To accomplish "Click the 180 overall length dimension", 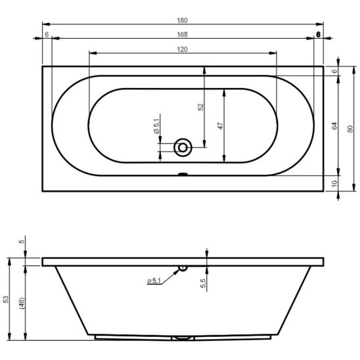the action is coord(182,20).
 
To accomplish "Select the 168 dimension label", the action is coord(182,34).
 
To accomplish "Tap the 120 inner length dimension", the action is coord(182,49).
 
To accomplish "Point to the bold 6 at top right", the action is coord(318,34).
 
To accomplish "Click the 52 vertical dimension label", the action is coord(200,107).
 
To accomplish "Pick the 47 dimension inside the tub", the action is coord(221,126).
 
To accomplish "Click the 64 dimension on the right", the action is coord(335,126).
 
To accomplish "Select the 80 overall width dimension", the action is coord(350,129).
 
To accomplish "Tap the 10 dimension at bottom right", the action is coord(335,183).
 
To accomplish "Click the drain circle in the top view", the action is coord(183,148).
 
